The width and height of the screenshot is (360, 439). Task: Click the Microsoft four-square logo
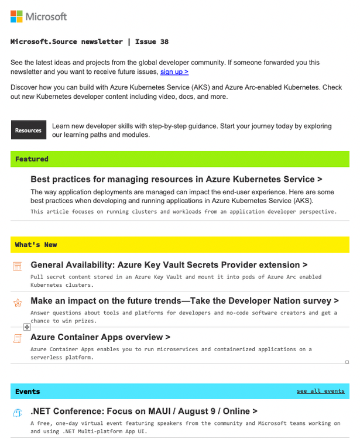pyautogui.click(x=16, y=16)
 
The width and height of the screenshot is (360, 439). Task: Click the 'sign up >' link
pyautogui.click(x=174, y=71)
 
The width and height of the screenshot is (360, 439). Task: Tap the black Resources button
pyautogui.click(x=28, y=130)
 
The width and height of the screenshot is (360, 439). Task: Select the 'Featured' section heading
pyautogui.click(x=32, y=159)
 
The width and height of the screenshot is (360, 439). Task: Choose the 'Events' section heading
pyautogui.click(x=28, y=391)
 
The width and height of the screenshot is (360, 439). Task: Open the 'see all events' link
pyautogui.click(x=320, y=391)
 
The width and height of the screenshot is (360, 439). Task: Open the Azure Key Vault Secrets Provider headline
pyautogui.click(x=169, y=265)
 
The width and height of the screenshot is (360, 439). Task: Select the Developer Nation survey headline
pyautogui.click(x=184, y=301)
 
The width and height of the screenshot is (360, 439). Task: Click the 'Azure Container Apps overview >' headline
pyautogui.click(x=100, y=337)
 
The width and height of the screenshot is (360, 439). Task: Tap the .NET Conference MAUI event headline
pyautogui.click(x=144, y=411)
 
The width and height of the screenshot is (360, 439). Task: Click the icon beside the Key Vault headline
pyautogui.click(x=18, y=266)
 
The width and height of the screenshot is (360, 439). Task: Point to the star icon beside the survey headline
pyautogui.click(x=18, y=303)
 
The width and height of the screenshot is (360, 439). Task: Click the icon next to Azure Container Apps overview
pyautogui.click(x=18, y=338)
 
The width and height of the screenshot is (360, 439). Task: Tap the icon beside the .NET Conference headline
pyautogui.click(x=18, y=412)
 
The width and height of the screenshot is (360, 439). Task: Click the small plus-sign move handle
pyautogui.click(x=27, y=327)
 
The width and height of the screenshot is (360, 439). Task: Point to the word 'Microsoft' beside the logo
pyautogui.click(x=46, y=16)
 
